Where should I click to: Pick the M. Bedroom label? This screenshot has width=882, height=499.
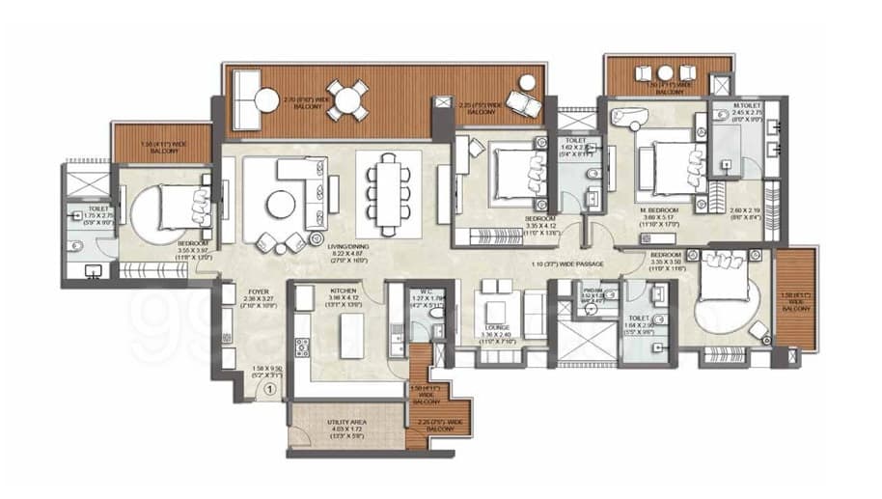660,209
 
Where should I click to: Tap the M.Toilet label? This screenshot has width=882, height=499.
748,105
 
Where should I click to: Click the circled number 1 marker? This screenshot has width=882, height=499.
271,391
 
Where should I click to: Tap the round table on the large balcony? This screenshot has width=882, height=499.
346,100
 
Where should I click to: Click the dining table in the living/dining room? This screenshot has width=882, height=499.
388,194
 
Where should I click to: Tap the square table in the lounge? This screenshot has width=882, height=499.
498,311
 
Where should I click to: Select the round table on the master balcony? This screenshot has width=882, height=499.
665,73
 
